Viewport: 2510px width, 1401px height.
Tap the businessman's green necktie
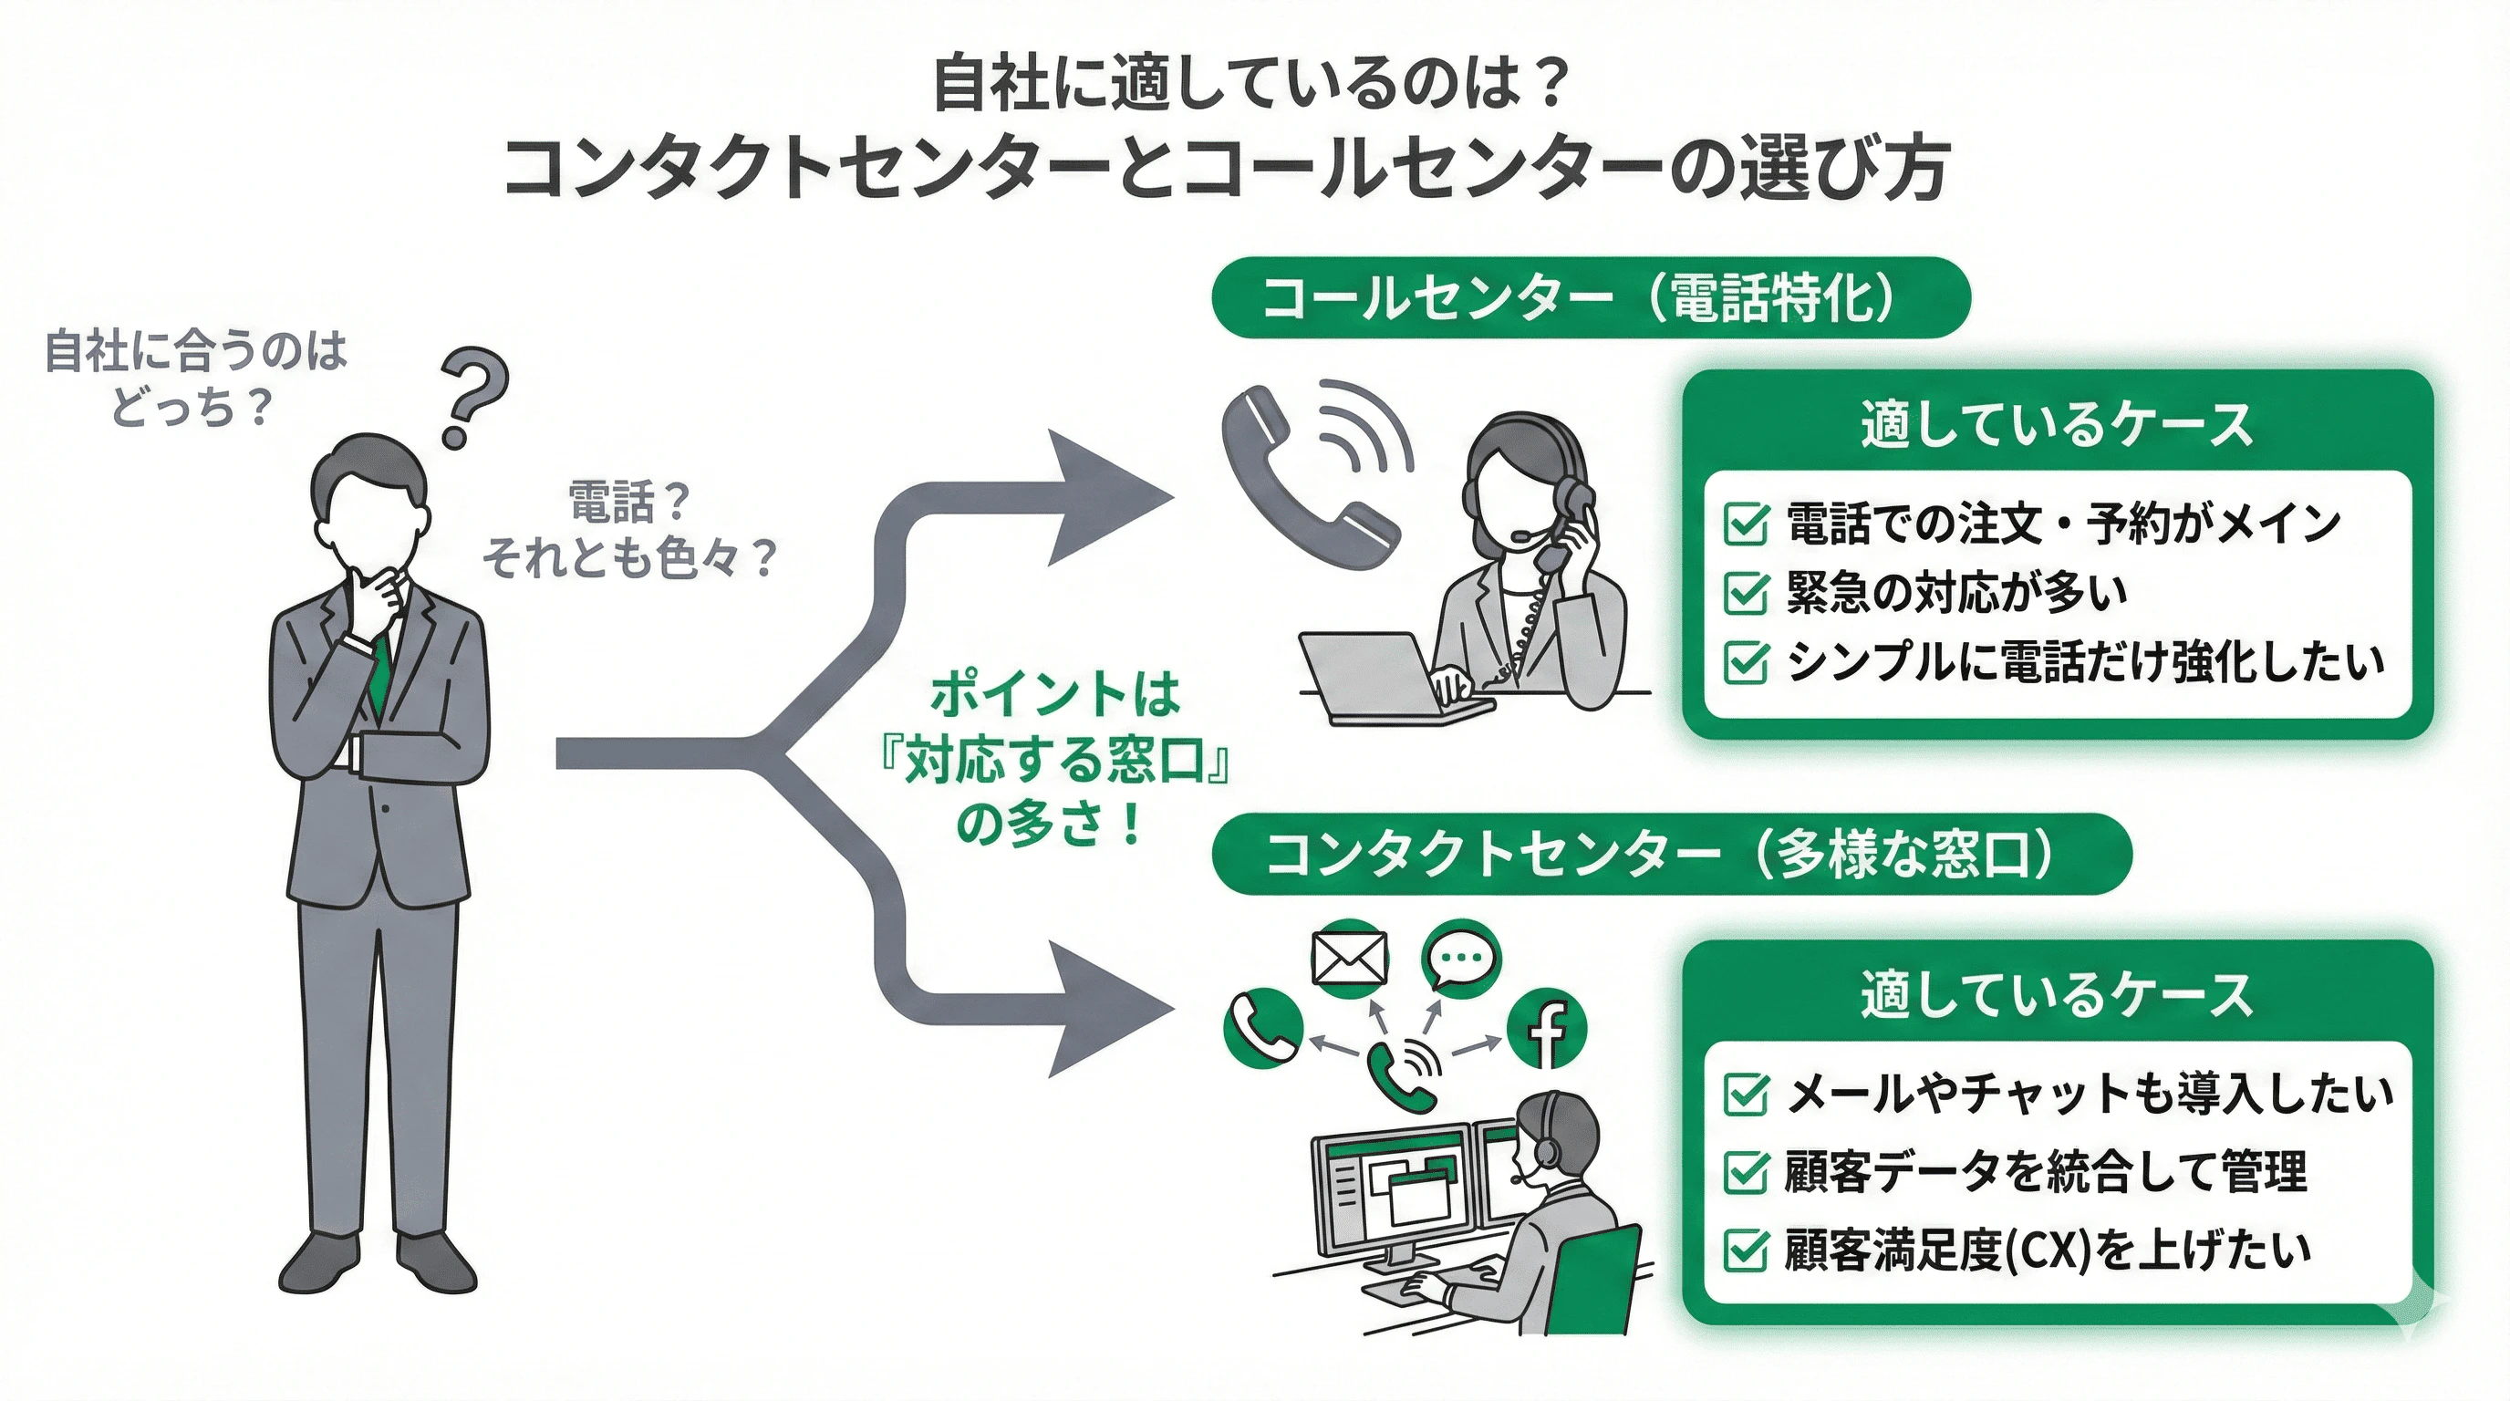click(x=380, y=672)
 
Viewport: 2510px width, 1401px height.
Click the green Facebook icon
click(x=1547, y=1028)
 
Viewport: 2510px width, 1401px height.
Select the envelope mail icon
click(x=1350, y=959)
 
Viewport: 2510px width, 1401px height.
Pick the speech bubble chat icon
click(x=1460, y=957)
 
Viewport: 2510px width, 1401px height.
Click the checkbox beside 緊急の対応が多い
click(x=1745, y=594)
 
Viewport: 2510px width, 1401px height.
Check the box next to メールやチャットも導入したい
click(x=1745, y=1095)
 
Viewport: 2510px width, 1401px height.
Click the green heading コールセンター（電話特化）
click(x=1591, y=297)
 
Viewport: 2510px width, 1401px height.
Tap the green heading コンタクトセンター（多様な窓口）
click(x=1671, y=854)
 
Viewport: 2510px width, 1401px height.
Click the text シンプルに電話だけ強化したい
click(x=2085, y=662)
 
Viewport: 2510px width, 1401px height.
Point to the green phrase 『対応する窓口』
click(x=1053, y=763)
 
